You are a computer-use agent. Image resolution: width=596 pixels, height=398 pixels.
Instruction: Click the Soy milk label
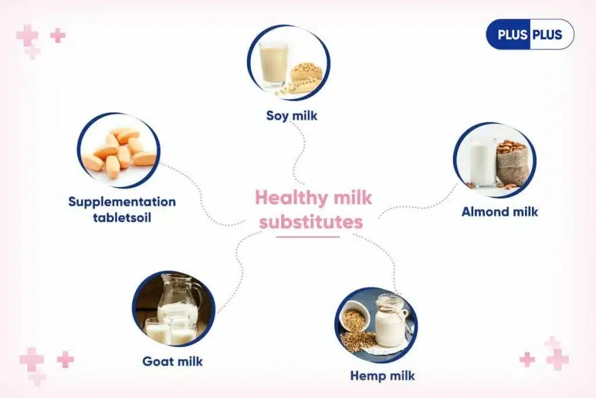(292, 115)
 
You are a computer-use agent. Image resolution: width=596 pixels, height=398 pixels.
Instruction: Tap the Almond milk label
(499, 212)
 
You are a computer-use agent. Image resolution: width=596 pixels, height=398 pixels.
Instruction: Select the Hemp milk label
(382, 376)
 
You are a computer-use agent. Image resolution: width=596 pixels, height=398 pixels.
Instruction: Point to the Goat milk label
(172, 361)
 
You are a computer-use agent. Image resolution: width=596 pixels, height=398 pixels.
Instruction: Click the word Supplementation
(122, 202)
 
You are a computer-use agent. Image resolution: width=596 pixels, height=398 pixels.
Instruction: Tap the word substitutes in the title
(311, 222)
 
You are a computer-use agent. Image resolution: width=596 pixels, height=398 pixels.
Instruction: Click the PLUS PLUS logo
(530, 34)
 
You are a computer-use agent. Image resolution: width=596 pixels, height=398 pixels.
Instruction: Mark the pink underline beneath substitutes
(307, 237)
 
